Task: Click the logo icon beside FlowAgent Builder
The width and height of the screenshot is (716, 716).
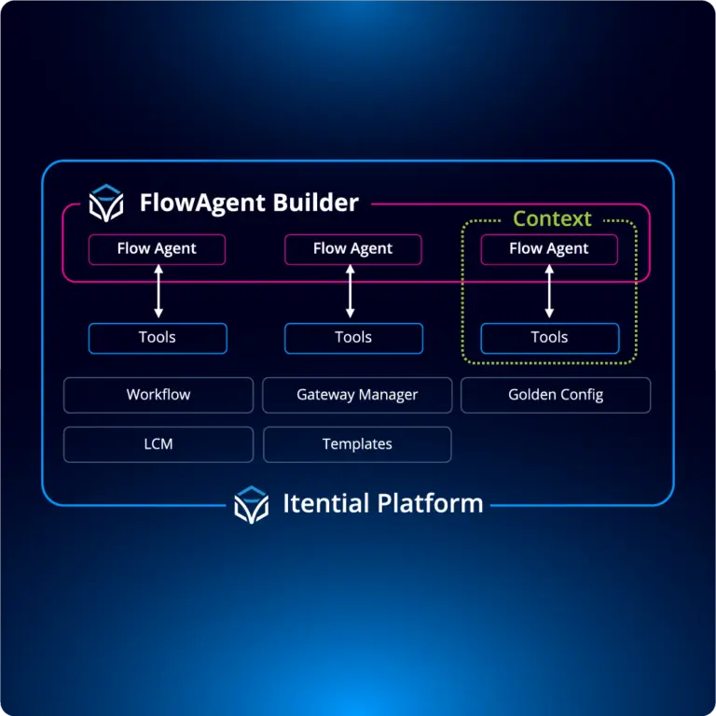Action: (106, 203)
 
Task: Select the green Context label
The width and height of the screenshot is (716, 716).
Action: (552, 219)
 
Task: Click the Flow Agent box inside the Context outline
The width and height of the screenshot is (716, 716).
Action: (549, 249)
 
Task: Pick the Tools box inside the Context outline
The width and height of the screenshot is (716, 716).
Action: (549, 338)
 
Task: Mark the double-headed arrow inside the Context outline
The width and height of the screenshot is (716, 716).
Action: (549, 291)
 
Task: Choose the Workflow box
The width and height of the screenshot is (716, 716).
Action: (158, 395)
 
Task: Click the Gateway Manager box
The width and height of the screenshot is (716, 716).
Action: (357, 395)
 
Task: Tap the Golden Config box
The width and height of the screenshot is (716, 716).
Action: (556, 395)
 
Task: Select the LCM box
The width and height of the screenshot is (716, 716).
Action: (158, 444)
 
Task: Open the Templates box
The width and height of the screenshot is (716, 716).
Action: (357, 444)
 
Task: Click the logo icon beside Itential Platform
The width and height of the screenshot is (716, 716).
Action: (251, 505)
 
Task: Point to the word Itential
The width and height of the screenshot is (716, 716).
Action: (325, 504)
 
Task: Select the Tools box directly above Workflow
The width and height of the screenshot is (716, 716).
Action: (158, 338)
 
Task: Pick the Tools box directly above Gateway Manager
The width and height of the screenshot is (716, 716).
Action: (353, 338)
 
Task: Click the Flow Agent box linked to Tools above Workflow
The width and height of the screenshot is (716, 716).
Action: (157, 249)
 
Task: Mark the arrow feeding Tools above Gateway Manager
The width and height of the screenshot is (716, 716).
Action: (351, 291)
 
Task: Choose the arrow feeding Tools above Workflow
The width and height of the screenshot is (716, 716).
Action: (158, 291)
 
